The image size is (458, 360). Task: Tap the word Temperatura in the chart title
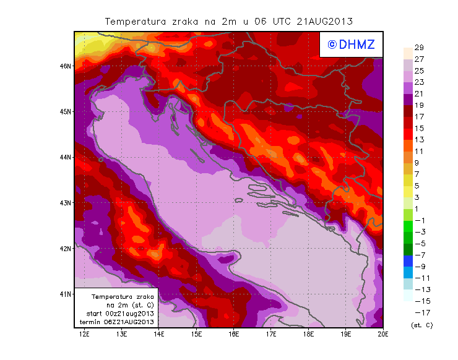tap(136, 21)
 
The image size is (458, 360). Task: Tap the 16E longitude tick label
tap(234, 335)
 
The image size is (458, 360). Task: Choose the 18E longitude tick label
tap(308, 335)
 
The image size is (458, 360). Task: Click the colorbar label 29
tap(418, 48)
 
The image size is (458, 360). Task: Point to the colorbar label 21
tap(418, 93)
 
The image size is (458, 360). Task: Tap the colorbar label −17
tap(418, 312)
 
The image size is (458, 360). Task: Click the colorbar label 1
tap(418, 208)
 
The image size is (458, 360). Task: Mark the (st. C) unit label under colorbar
tap(421, 325)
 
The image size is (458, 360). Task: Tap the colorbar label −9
tap(418, 267)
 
